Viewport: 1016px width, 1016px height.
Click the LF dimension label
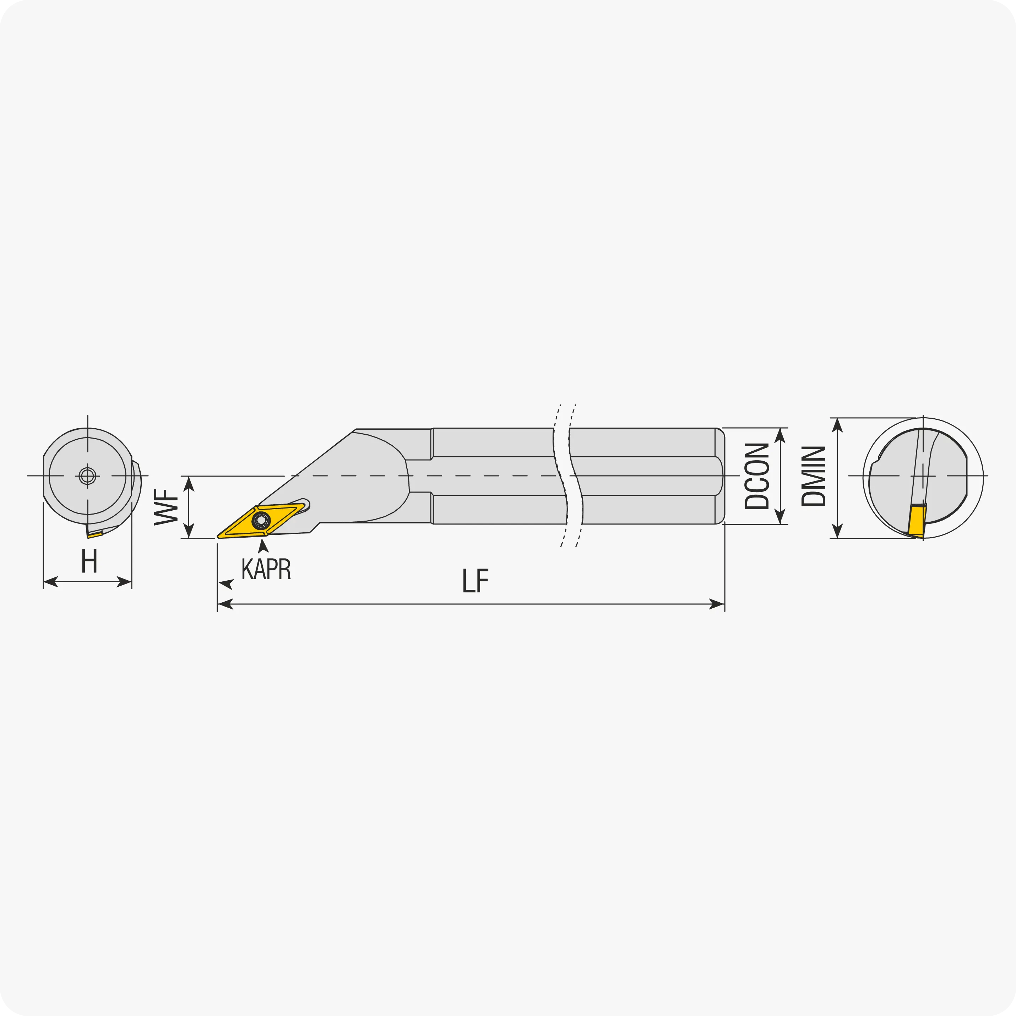(476, 581)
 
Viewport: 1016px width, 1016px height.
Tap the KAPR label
(266, 569)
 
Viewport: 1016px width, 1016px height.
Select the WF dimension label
(166, 507)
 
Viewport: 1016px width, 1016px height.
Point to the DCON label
(757, 476)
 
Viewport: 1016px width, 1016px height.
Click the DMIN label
(813, 476)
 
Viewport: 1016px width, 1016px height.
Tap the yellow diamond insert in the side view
(261, 521)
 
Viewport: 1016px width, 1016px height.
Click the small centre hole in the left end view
(87, 476)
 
